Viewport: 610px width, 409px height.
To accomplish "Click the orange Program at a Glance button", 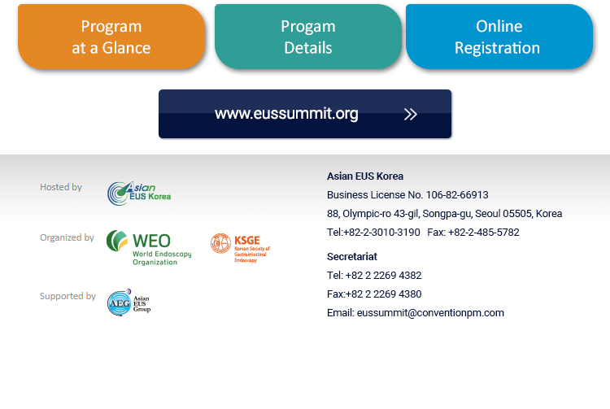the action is (111, 37).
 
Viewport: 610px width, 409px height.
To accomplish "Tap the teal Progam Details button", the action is (308, 37).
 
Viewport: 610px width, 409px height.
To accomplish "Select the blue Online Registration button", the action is (499, 37).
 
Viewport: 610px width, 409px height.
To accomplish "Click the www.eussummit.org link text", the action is (286, 114).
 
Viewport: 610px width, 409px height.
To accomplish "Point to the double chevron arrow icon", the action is (411, 115).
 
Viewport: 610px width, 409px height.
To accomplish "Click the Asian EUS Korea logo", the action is (139, 194).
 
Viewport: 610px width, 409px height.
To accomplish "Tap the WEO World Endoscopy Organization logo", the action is (149, 248).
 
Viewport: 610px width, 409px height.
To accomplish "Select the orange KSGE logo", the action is (240, 248).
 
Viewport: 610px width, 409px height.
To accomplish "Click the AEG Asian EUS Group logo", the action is (129, 302).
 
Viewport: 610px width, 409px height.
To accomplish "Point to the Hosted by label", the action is (61, 187).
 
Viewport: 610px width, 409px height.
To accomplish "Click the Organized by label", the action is (67, 237).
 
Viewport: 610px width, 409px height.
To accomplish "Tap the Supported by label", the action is (68, 296).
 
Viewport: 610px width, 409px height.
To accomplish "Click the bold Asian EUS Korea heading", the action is (365, 176).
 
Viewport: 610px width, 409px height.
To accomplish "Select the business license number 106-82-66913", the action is (457, 195).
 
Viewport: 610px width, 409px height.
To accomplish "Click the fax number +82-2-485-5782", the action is (484, 232).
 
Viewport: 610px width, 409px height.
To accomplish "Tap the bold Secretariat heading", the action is (352, 257).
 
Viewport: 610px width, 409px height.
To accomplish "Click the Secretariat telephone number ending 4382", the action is (383, 276).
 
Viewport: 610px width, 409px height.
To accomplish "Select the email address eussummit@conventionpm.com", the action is (430, 313).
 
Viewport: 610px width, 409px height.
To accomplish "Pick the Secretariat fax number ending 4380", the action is (383, 294).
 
